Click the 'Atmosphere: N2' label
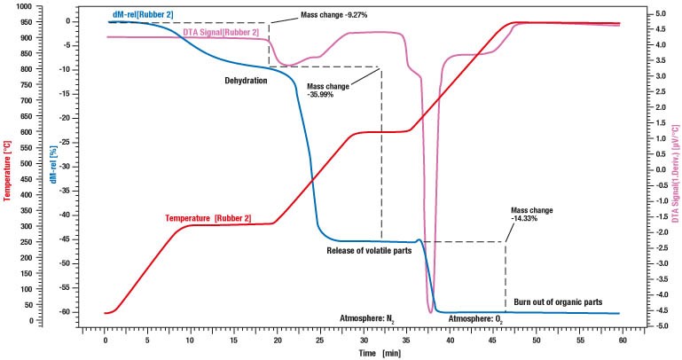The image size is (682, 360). pyautogui.click(x=369, y=317)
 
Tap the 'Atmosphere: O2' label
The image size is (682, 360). pyautogui.click(x=476, y=317)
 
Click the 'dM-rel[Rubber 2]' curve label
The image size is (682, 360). pyautogui.click(x=138, y=13)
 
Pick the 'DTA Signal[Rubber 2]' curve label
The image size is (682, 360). pyautogui.click(x=222, y=33)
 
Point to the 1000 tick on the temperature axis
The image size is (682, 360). pyautogui.click(x=20, y=6)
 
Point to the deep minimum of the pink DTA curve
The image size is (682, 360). pyautogui.click(x=431, y=311)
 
